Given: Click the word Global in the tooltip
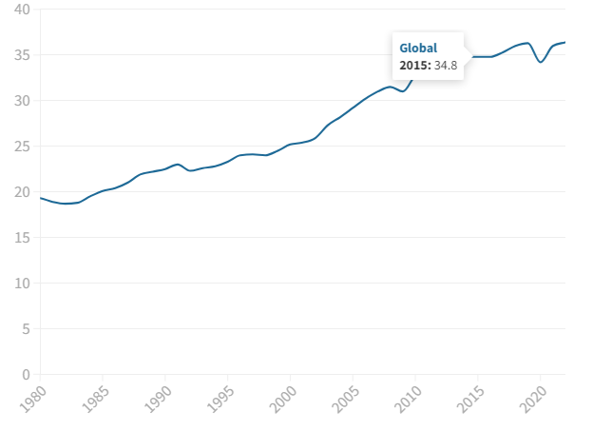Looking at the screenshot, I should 418,48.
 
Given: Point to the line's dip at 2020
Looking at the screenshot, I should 540,62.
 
